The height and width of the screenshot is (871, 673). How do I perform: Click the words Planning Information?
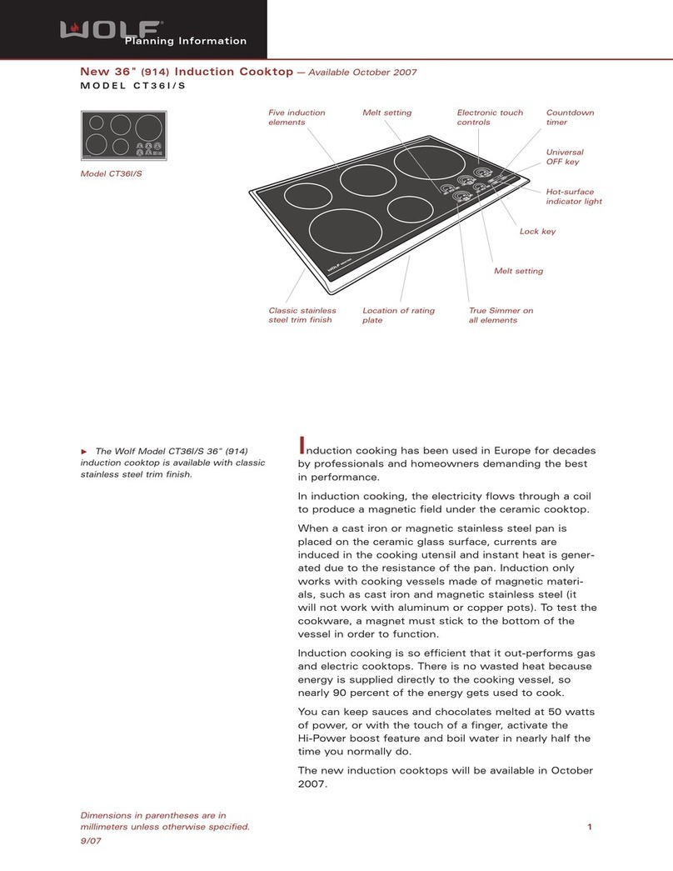point(185,41)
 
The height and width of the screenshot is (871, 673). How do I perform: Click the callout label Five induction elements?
point(297,118)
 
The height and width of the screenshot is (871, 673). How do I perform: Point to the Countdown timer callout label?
point(570,118)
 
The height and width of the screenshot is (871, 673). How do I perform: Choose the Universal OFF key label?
point(564,158)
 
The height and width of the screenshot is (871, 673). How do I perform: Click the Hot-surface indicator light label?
point(573,197)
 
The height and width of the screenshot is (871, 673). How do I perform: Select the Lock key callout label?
point(537,231)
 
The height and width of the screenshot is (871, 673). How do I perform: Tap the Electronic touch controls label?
point(490,118)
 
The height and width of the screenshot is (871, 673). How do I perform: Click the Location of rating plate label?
point(398,315)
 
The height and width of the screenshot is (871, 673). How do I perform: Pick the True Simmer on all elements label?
point(501,315)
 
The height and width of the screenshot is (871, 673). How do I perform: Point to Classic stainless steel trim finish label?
point(302,315)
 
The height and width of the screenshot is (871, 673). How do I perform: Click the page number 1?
point(589,827)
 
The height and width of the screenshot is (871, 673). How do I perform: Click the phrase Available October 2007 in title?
point(362,73)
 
